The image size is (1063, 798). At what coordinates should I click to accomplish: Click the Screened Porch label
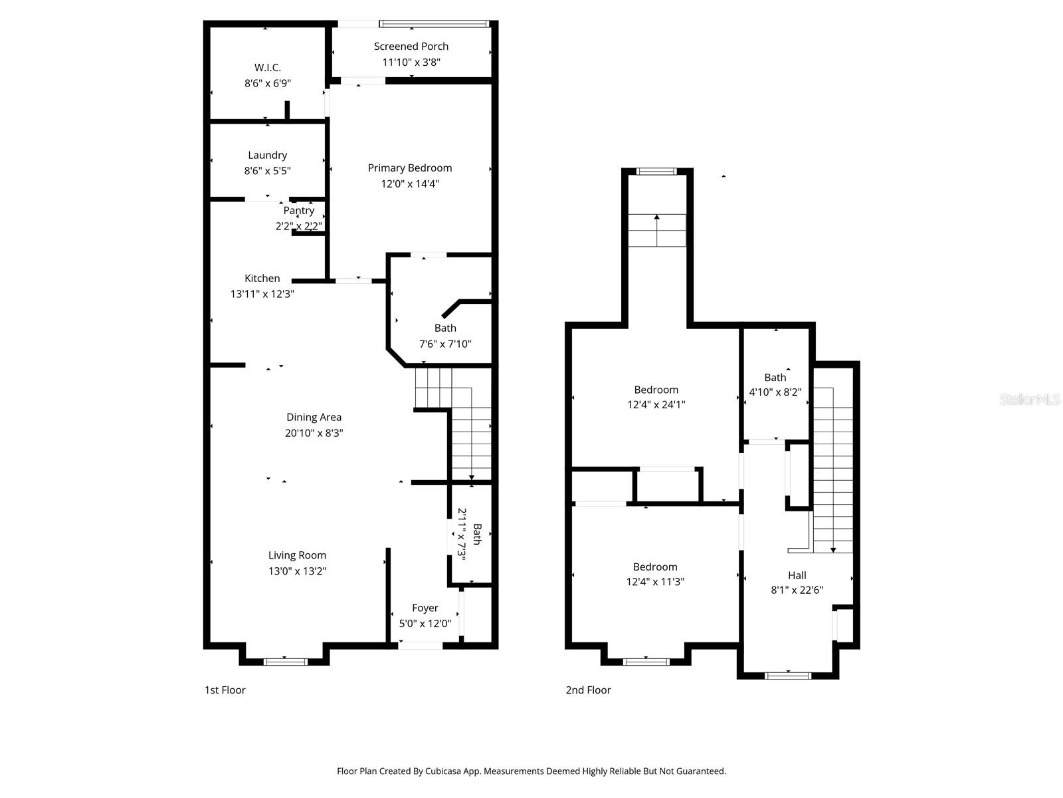(x=411, y=47)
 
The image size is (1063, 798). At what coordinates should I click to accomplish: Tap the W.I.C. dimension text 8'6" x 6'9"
(x=267, y=84)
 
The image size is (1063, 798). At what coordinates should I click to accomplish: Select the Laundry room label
(x=267, y=155)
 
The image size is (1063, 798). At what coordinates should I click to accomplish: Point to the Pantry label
(x=299, y=210)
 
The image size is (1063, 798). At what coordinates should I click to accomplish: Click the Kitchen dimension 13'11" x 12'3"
(x=262, y=294)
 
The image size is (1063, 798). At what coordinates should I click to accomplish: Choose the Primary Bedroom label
(x=409, y=168)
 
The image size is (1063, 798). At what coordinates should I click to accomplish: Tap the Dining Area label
(x=314, y=418)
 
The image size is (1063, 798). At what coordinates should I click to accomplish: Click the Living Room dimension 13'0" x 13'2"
(x=297, y=571)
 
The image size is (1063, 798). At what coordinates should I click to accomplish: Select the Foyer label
(x=425, y=608)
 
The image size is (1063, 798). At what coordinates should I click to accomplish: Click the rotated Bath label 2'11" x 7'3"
(x=469, y=534)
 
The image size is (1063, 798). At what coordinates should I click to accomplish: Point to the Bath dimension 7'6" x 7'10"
(x=444, y=344)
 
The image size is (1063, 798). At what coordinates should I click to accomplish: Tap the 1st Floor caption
(x=225, y=690)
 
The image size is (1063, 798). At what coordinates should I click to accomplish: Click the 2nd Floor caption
(x=588, y=690)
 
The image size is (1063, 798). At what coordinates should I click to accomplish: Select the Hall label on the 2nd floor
(x=797, y=575)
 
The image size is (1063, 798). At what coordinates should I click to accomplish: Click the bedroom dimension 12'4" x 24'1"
(x=656, y=404)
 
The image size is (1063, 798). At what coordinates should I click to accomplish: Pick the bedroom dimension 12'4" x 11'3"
(x=655, y=582)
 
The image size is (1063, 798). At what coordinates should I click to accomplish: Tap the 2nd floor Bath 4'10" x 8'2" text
(x=775, y=385)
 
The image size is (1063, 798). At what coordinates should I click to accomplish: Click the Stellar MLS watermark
(x=1029, y=400)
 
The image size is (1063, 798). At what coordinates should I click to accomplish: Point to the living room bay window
(x=285, y=661)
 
